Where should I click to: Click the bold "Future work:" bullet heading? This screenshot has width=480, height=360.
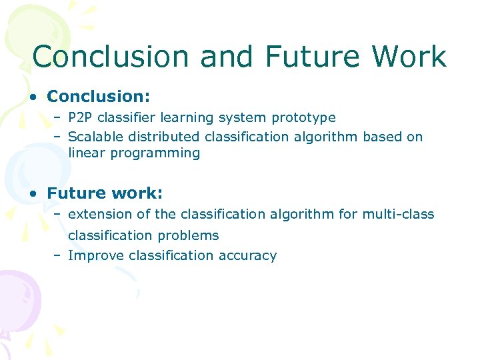[105, 193]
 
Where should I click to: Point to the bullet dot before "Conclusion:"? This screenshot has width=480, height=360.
[33, 97]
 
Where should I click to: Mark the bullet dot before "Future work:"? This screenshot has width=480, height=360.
[33, 194]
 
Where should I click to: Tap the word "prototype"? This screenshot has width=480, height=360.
[303, 118]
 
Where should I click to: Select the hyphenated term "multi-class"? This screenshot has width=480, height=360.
[398, 215]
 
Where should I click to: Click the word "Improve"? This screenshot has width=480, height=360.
[96, 256]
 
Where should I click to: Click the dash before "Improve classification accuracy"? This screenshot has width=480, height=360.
[58, 256]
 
